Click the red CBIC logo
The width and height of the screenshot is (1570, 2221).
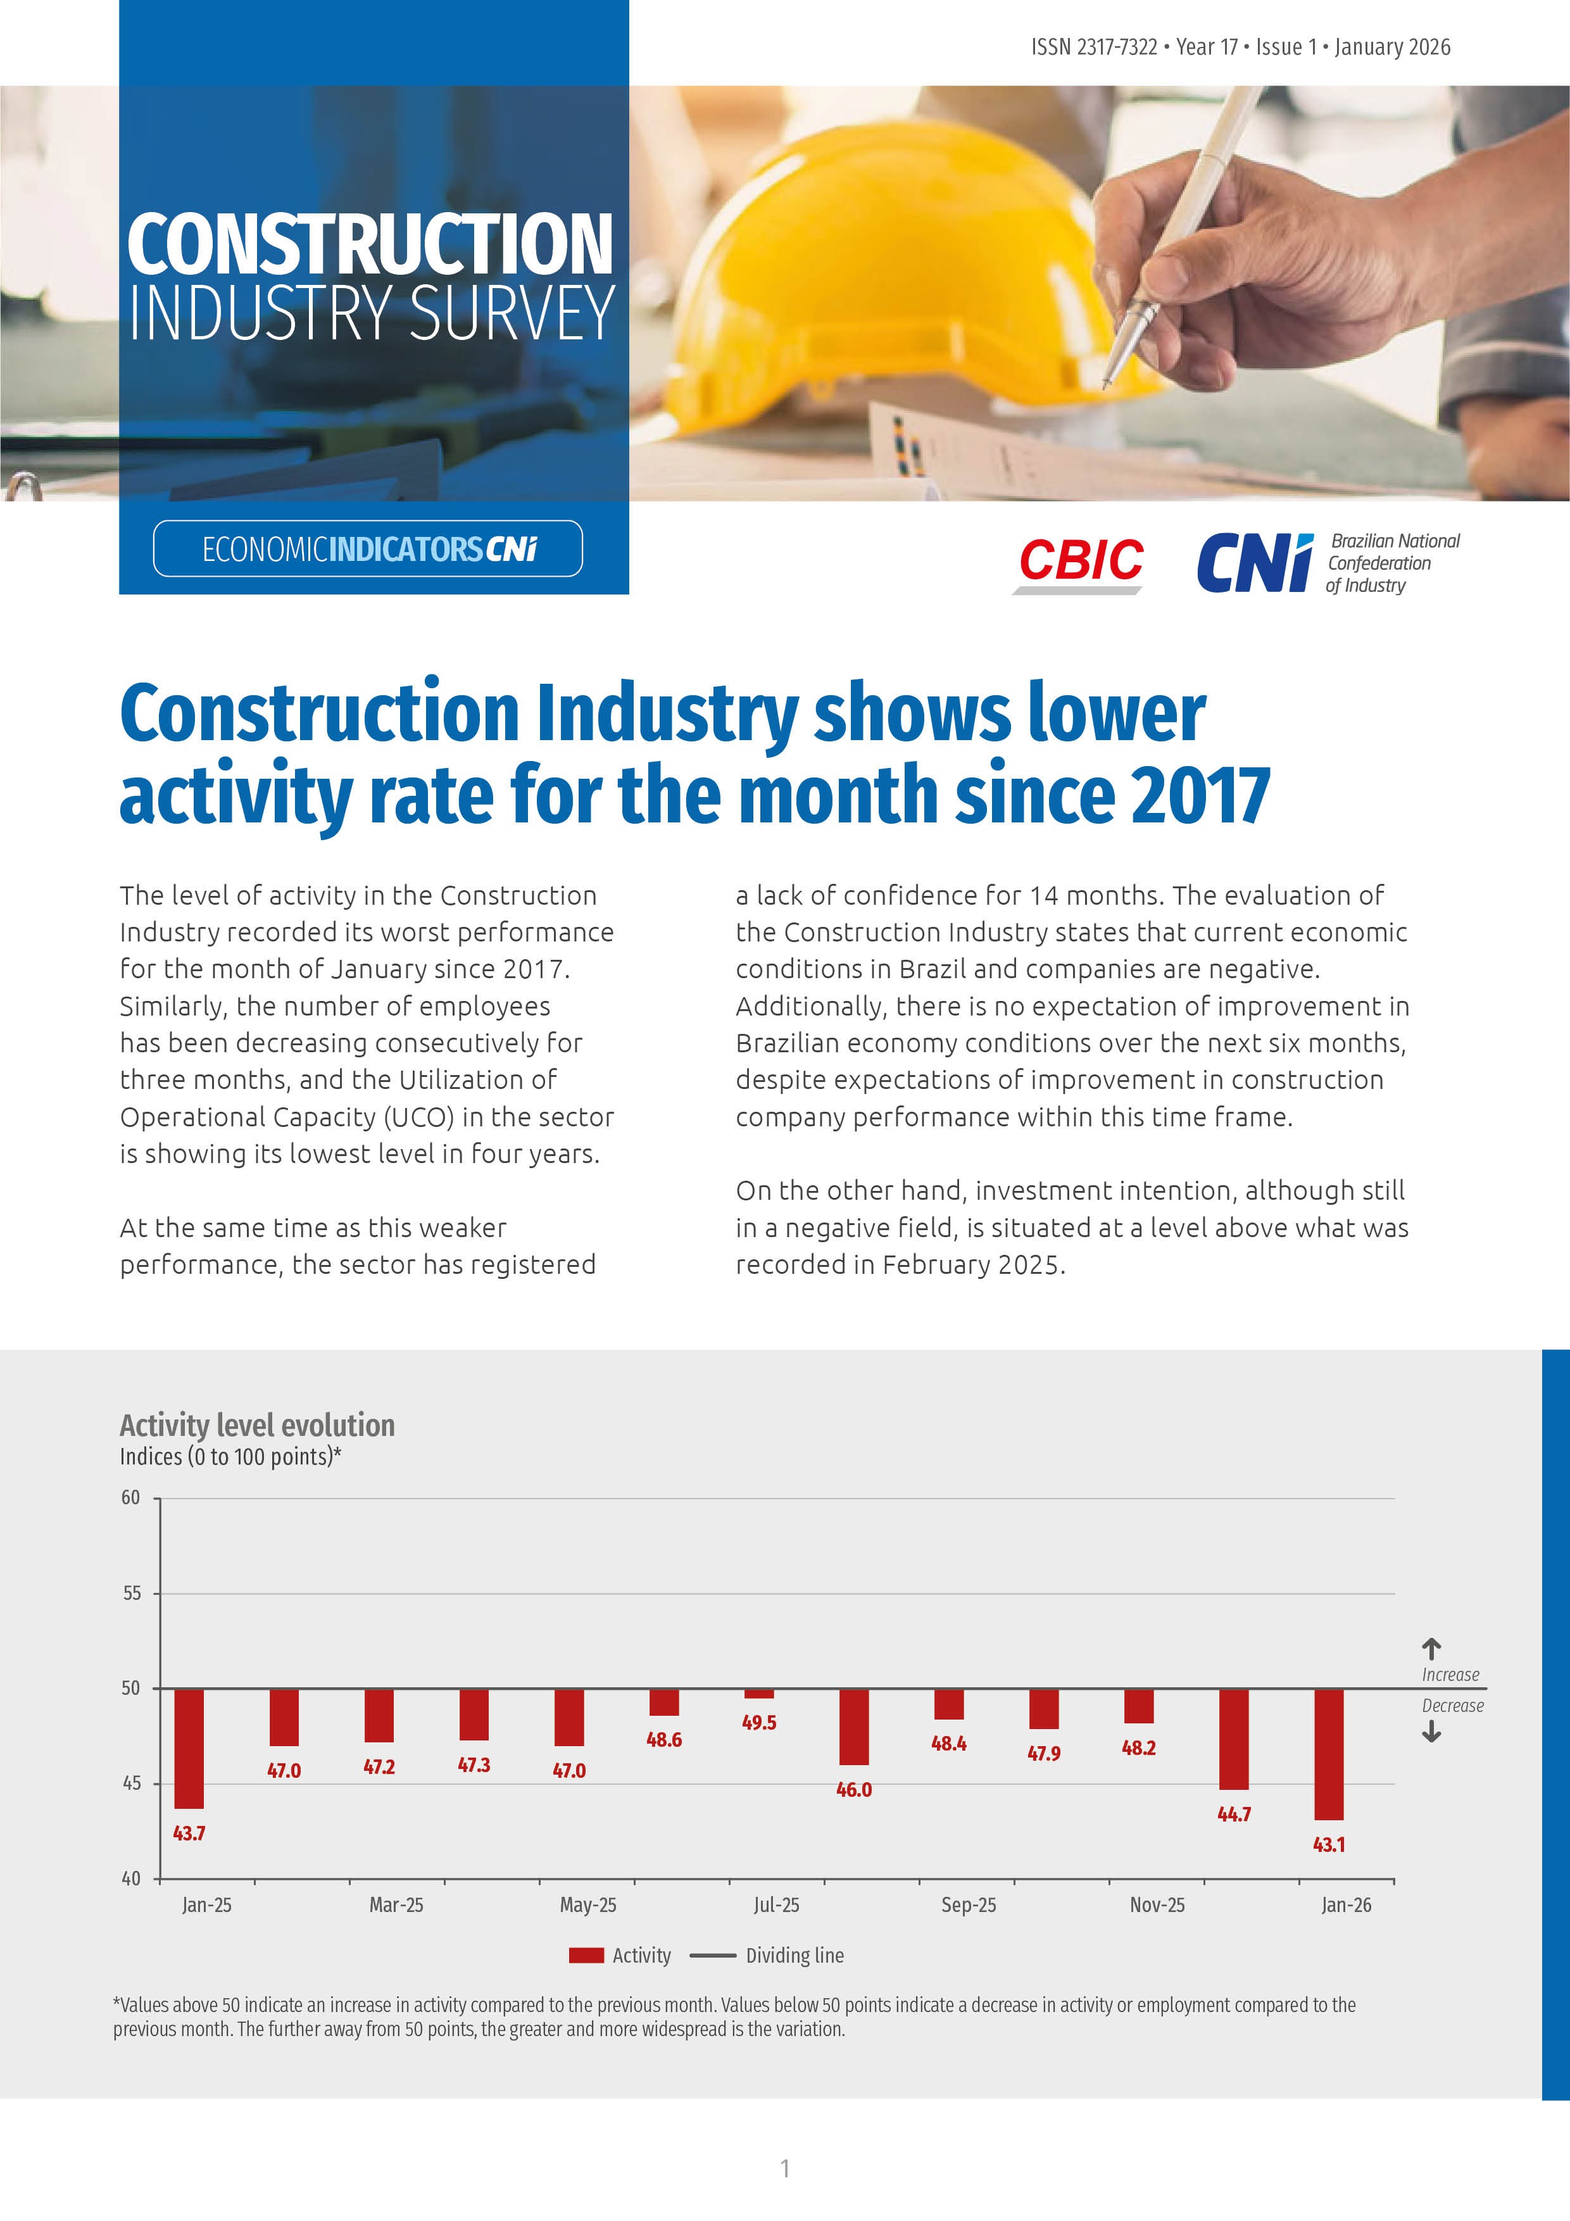[x=1081, y=561]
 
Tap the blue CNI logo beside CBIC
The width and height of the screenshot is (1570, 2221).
[x=1255, y=563]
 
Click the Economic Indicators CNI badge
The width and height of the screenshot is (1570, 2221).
[x=368, y=548]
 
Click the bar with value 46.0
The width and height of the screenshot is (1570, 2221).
[x=853, y=1727]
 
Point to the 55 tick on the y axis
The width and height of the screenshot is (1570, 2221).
[x=132, y=1592]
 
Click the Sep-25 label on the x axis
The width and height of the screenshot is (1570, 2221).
[x=969, y=1904]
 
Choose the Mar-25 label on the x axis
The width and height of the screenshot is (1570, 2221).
[x=396, y=1904]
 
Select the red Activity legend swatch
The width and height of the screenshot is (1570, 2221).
[x=586, y=1955]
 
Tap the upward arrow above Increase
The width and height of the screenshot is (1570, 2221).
[x=1431, y=1647]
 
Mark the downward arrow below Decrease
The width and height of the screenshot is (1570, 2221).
[x=1431, y=1733]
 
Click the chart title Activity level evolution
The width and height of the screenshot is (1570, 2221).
[x=257, y=1425]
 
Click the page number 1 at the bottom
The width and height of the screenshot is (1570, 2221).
[x=784, y=2168]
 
